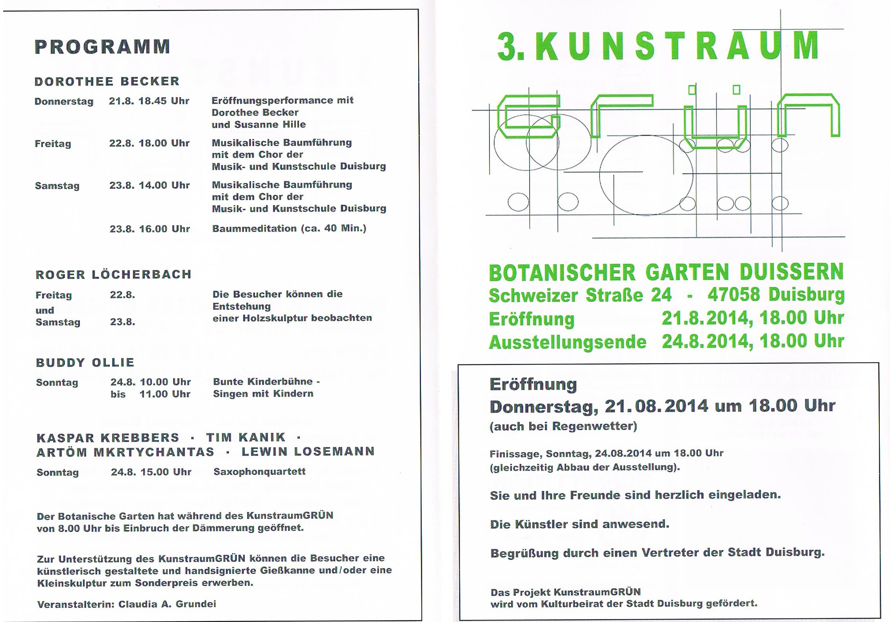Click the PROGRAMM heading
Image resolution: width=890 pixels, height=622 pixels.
[102, 47]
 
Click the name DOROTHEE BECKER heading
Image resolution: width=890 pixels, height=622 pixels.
[107, 81]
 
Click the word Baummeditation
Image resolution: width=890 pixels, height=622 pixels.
[254, 228]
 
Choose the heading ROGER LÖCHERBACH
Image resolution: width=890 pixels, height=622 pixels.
[113, 274]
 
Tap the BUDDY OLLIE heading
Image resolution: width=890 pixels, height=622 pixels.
[85, 362]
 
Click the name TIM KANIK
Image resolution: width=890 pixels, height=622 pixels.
[246, 438]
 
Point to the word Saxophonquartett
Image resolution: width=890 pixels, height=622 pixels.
[259, 471]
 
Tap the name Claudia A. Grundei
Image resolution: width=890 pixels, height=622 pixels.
[167, 604]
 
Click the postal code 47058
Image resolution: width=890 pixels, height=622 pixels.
[733, 295]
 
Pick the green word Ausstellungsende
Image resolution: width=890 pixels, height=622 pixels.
[567, 342]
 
